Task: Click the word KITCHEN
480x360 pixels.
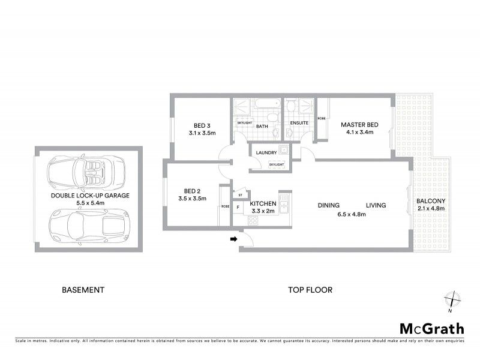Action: pyautogui.click(x=263, y=203)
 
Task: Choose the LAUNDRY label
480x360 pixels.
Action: pyautogui.click(x=266, y=153)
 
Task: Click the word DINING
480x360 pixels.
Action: pyautogui.click(x=329, y=205)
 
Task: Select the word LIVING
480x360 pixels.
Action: pyautogui.click(x=376, y=205)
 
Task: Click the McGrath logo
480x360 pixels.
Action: pyautogui.click(x=431, y=328)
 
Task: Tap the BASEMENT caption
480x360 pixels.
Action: pyautogui.click(x=83, y=290)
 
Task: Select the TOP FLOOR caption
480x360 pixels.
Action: pyautogui.click(x=310, y=290)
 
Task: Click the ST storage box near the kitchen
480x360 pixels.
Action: pyautogui.click(x=240, y=195)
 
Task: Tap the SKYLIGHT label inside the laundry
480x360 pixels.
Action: pyautogui.click(x=276, y=164)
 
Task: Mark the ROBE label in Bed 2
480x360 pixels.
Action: pyautogui.click(x=225, y=206)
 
